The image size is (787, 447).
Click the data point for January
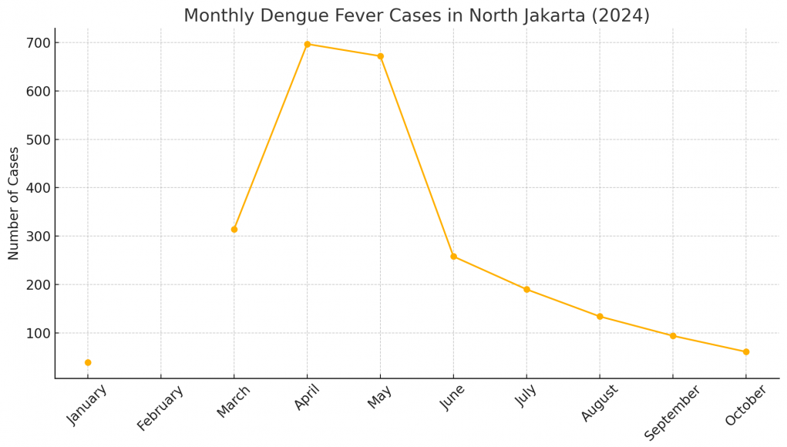(88, 362)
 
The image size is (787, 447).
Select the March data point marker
(234, 229)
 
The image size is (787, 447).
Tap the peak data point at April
(308, 44)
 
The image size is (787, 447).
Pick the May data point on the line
(381, 56)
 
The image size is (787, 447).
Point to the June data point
(453, 257)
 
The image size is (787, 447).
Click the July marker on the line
(526, 290)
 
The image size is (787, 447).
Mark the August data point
(600, 317)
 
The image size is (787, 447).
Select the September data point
(673, 336)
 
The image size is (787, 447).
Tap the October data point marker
(746, 352)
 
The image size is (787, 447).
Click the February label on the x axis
(161, 408)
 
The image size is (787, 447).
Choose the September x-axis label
(673, 412)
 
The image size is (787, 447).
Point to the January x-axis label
(88, 405)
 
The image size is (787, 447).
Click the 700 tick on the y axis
(37, 43)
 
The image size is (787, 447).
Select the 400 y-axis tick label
(37, 188)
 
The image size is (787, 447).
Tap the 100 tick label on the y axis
(37, 333)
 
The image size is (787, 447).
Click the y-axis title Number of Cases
(14, 203)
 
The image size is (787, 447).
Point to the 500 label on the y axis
(37, 139)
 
